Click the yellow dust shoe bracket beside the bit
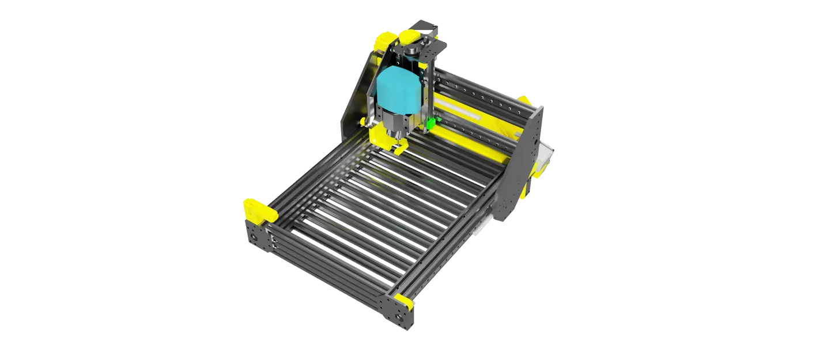click(377, 138)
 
